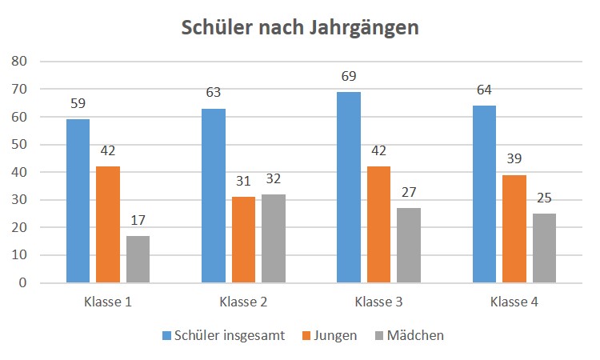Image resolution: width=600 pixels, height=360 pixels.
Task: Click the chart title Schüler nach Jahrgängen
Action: click(300, 27)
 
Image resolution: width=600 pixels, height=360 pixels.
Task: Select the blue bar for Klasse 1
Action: click(78, 201)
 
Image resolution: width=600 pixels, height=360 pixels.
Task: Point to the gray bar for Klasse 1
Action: click(138, 259)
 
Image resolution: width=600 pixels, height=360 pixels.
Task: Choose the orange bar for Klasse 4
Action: click(514, 229)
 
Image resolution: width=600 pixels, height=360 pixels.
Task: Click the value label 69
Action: click(348, 77)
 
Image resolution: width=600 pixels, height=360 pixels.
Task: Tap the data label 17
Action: click(138, 221)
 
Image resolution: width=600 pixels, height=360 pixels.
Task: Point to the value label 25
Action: click(544, 198)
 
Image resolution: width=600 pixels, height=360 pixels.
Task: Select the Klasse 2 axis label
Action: click(243, 303)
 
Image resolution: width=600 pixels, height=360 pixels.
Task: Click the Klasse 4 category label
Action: click(514, 303)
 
